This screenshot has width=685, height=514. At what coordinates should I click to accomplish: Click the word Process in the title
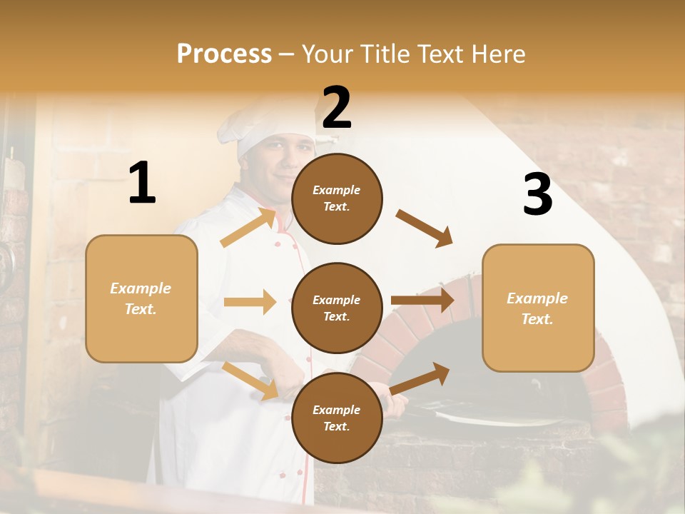[x=224, y=54]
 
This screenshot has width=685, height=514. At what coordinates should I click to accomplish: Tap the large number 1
[x=142, y=183]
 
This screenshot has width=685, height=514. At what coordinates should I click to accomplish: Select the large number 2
[x=337, y=108]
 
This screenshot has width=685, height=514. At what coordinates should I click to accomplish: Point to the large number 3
[x=537, y=195]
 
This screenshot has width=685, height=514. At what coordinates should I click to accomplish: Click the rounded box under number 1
[x=141, y=298]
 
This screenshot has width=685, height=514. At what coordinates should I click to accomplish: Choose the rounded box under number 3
[x=538, y=308]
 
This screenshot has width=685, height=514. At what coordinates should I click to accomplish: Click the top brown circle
[x=337, y=198]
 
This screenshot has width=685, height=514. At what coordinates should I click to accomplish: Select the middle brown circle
[x=337, y=308]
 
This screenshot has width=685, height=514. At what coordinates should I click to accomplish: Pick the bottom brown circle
[x=337, y=418]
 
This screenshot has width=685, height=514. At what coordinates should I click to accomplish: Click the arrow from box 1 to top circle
[x=248, y=228]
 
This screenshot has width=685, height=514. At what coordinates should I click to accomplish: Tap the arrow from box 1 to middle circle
[x=250, y=302]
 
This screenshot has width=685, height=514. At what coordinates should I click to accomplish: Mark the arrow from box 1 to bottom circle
[x=250, y=381]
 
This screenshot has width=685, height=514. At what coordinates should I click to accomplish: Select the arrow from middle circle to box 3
[x=422, y=301]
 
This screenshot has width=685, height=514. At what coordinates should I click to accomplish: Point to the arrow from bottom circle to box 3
[x=420, y=378]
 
